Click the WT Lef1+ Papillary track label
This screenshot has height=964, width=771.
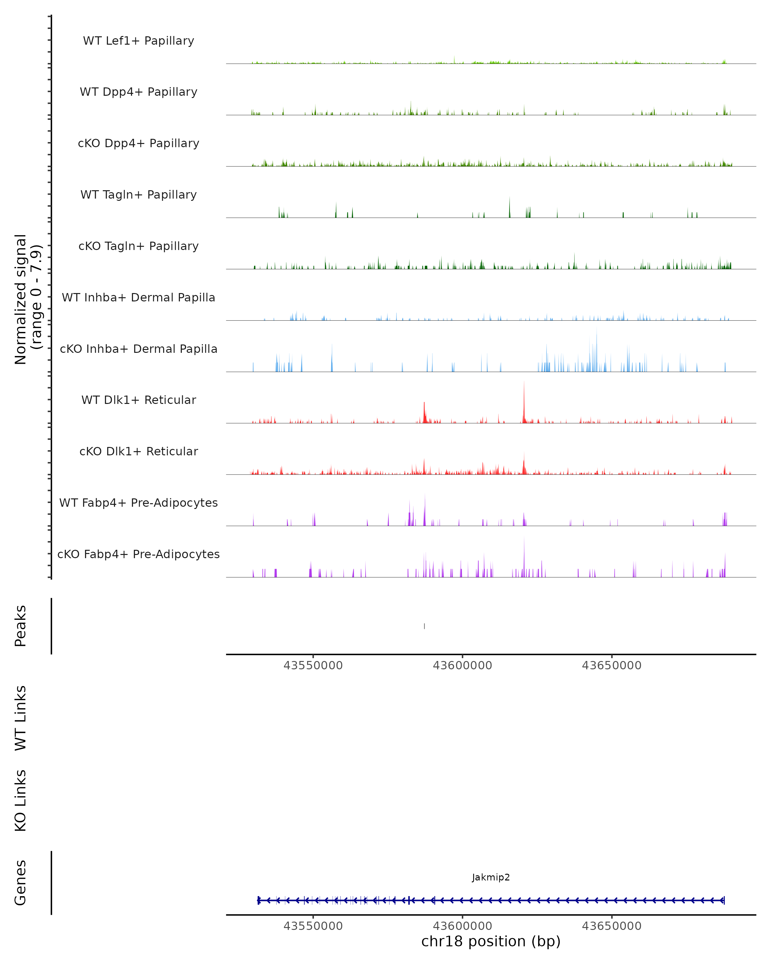(138, 41)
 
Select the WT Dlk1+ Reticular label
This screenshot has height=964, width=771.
(138, 400)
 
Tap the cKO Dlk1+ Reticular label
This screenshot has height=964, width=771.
(138, 451)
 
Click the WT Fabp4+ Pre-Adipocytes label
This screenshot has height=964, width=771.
(138, 503)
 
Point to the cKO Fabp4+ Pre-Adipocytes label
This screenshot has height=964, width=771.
(138, 554)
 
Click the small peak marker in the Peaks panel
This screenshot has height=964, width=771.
(424, 626)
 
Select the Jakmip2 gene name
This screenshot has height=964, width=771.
(491, 877)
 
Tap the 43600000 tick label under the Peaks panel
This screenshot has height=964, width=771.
(462, 665)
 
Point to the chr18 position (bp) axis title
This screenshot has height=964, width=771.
(491, 942)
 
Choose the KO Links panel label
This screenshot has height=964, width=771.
(21, 800)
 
